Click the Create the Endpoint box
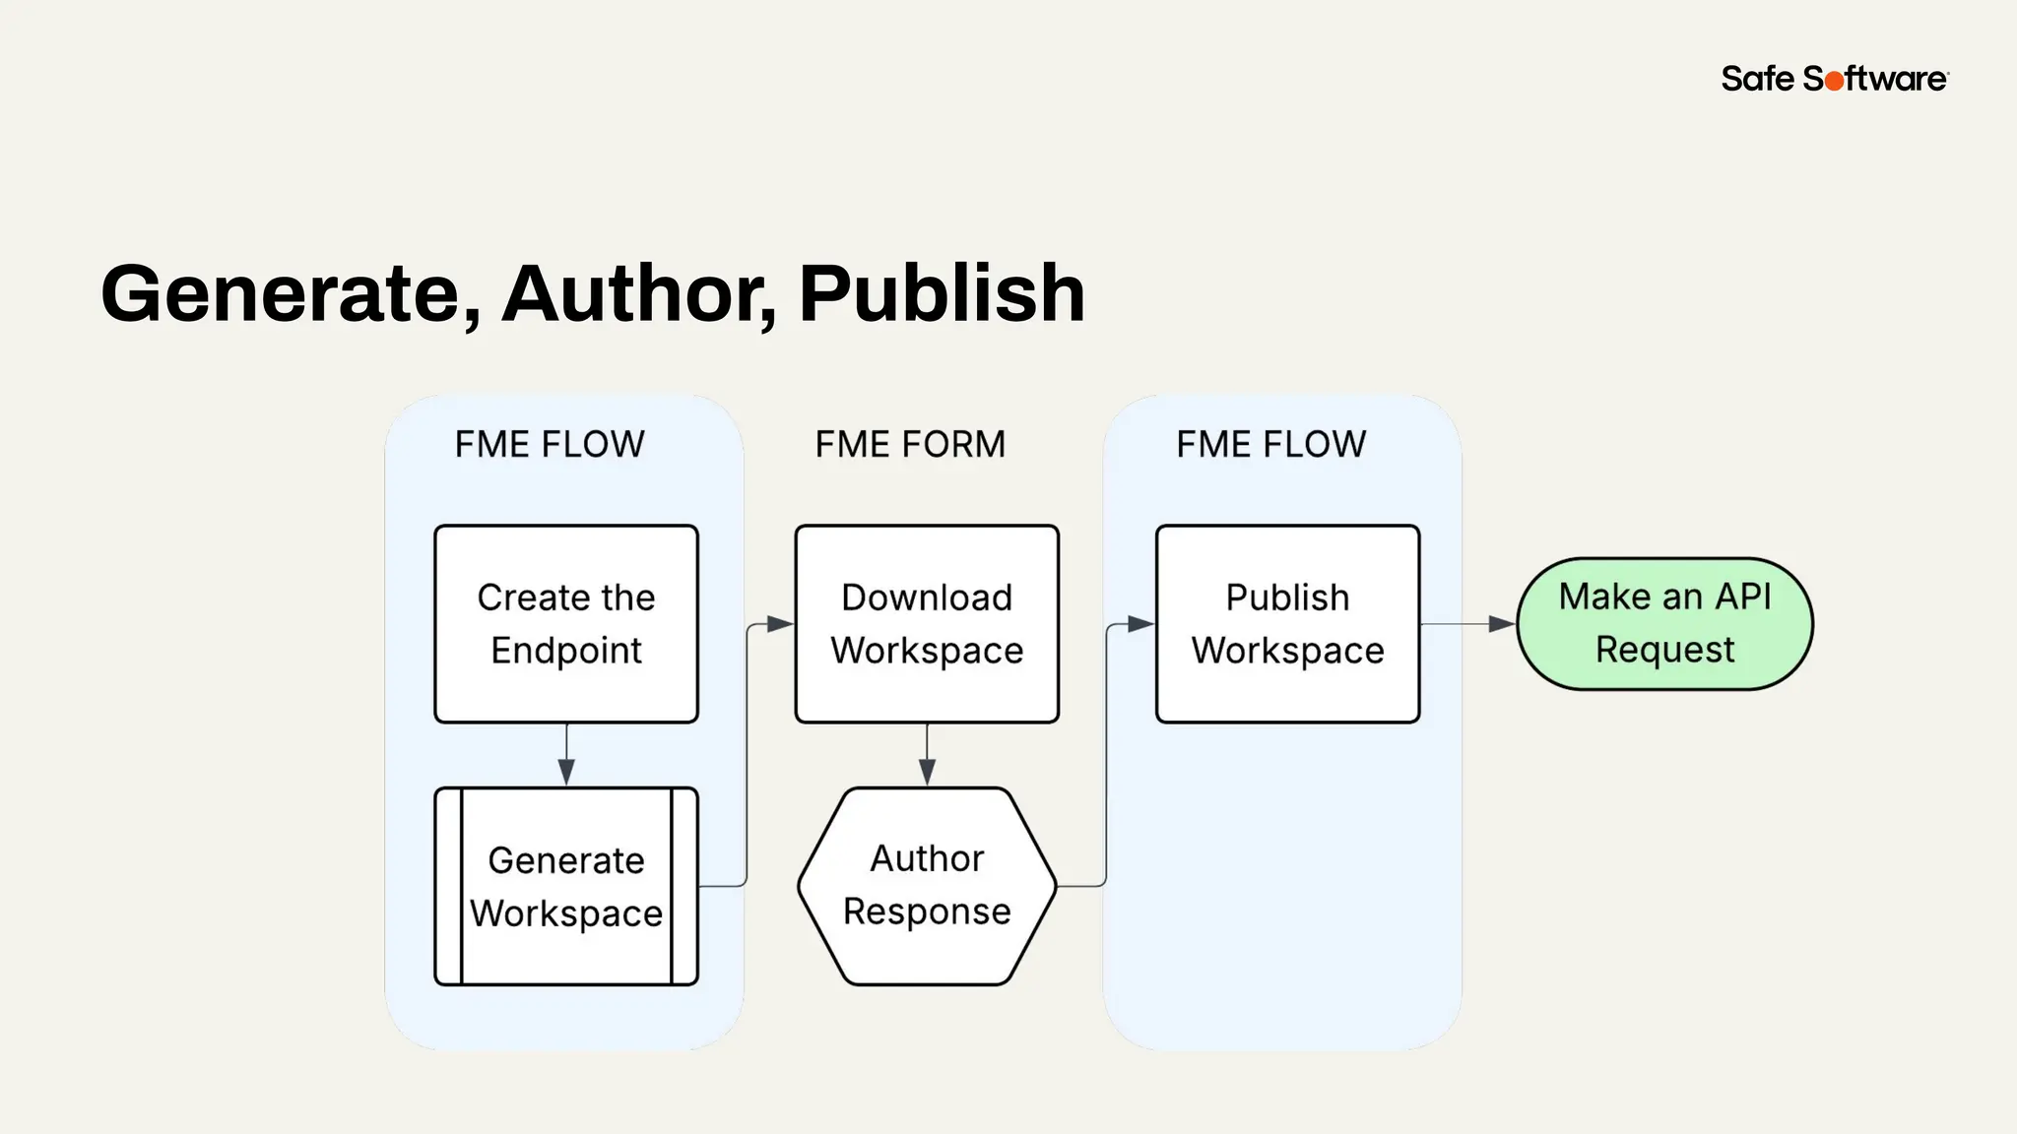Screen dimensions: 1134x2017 click(x=566, y=623)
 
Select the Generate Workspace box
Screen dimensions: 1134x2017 click(x=566, y=886)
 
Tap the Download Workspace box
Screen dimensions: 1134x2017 click(x=927, y=623)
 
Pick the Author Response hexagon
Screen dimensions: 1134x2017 click(x=927, y=885)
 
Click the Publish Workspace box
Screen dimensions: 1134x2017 click(x=1287, y=623)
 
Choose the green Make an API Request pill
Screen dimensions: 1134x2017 click(x=1664, y=623)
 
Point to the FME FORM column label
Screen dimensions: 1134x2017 click(x=910, y=444)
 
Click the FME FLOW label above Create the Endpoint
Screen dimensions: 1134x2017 click(x=550, y=444)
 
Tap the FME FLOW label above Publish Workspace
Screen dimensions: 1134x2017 click(x=1270, y=444)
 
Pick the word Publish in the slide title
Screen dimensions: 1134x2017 click(x=942, y=293)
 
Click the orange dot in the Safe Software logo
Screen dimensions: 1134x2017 click(x=1834, y=81)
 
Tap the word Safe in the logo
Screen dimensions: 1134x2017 click(x=1758, y=79)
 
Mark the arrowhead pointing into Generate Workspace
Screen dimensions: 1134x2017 click(x=566, y=773)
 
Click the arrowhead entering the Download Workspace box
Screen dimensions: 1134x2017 click(x=781, y=624)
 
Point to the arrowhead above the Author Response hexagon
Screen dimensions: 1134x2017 click(x=927, y=773)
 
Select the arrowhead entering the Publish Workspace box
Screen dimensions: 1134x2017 click(x=1141, y=624)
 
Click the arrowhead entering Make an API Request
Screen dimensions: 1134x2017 click(x=1502, y=624)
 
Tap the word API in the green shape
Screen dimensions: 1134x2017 click(x=1742, y=597)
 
